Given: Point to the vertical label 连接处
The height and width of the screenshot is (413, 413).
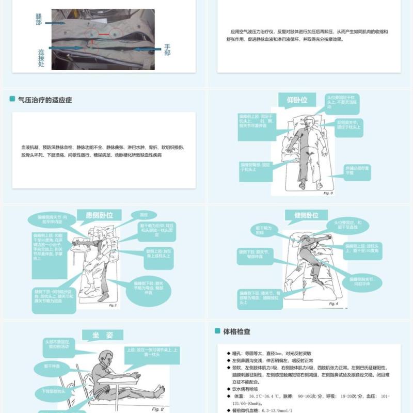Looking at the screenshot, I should (x=41, y=58).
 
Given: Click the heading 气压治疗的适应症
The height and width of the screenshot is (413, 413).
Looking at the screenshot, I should (x=45, y=100).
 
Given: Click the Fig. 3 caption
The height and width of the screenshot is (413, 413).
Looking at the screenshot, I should (x=328, y=193).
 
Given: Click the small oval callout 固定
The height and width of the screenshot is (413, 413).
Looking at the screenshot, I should (x=136, y=214).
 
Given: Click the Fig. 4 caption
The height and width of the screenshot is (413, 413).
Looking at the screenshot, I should (x=333, y=304).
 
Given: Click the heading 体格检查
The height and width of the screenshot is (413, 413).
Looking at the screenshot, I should (x=236, y=331).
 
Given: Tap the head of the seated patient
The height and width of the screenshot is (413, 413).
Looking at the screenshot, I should (x=106, y=356).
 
